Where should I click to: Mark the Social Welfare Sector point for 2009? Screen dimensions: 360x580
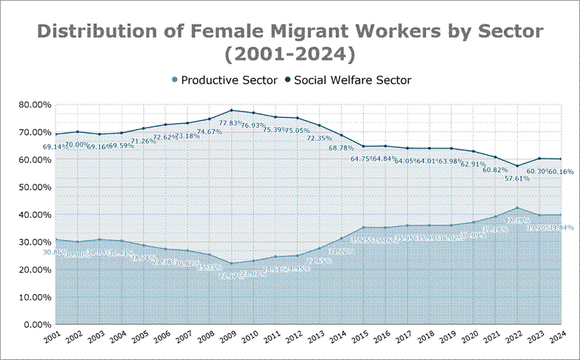(x=233, y=110)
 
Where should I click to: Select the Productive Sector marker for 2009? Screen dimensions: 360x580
(x=233, y=264)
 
